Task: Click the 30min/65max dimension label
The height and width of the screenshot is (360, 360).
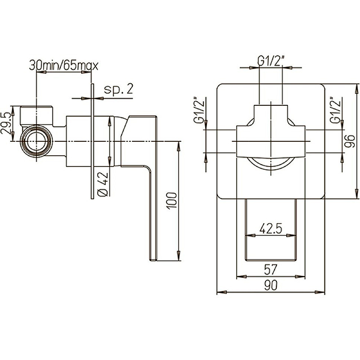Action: [x=63, y=66]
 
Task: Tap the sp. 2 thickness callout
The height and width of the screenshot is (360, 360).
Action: [x=118, y=89]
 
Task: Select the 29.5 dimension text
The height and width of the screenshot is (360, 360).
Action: [x=6, y=123]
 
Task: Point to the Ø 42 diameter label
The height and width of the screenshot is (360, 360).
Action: [x=103, y=184]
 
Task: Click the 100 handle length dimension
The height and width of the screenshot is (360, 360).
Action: [x=172, y=201]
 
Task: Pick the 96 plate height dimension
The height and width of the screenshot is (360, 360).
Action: [x=351, y=141]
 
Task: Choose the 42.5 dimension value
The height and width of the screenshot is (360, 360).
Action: [x=271, y=229]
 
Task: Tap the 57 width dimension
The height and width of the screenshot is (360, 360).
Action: [x=271, y=270]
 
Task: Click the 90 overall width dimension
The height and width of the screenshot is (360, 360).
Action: [x=271, y=285]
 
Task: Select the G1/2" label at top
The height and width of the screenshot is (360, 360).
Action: [x=271, y=61]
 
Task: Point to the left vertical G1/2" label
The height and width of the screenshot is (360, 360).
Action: [x=199, y=110]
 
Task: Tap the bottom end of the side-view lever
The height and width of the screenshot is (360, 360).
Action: [x=153, y=260]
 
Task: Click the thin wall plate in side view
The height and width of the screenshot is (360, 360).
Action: [x=92, y=141]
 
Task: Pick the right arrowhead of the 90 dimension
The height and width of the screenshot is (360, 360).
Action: [x=320, y=292]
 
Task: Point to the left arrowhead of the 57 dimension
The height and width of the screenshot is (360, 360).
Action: [x=242, y=277]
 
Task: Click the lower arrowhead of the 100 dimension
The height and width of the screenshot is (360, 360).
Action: [x=179, y=256]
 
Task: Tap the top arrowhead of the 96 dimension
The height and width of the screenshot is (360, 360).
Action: [x=357, y=89]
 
